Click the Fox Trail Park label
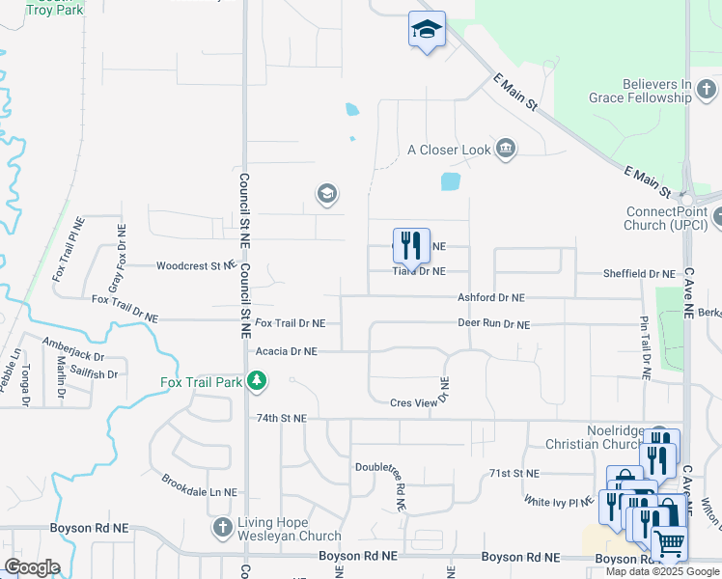tap(201, 383)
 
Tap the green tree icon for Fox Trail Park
tap(257, 383)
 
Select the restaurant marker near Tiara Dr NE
tap(412, 246)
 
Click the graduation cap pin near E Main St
tap(426, 29)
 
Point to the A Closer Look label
tap(449, 150)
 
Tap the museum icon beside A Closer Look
tap(505, 149)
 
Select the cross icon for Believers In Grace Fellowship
tap(708, 92)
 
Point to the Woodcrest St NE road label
tap(196, 265)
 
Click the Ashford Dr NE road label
tap(490, 299)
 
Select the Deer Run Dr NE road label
tap(493, 325)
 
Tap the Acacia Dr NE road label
tap(285, 353)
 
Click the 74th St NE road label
tap(281, 419)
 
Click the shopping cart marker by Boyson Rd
tap(670, 543)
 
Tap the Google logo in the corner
tap(32, 567)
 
